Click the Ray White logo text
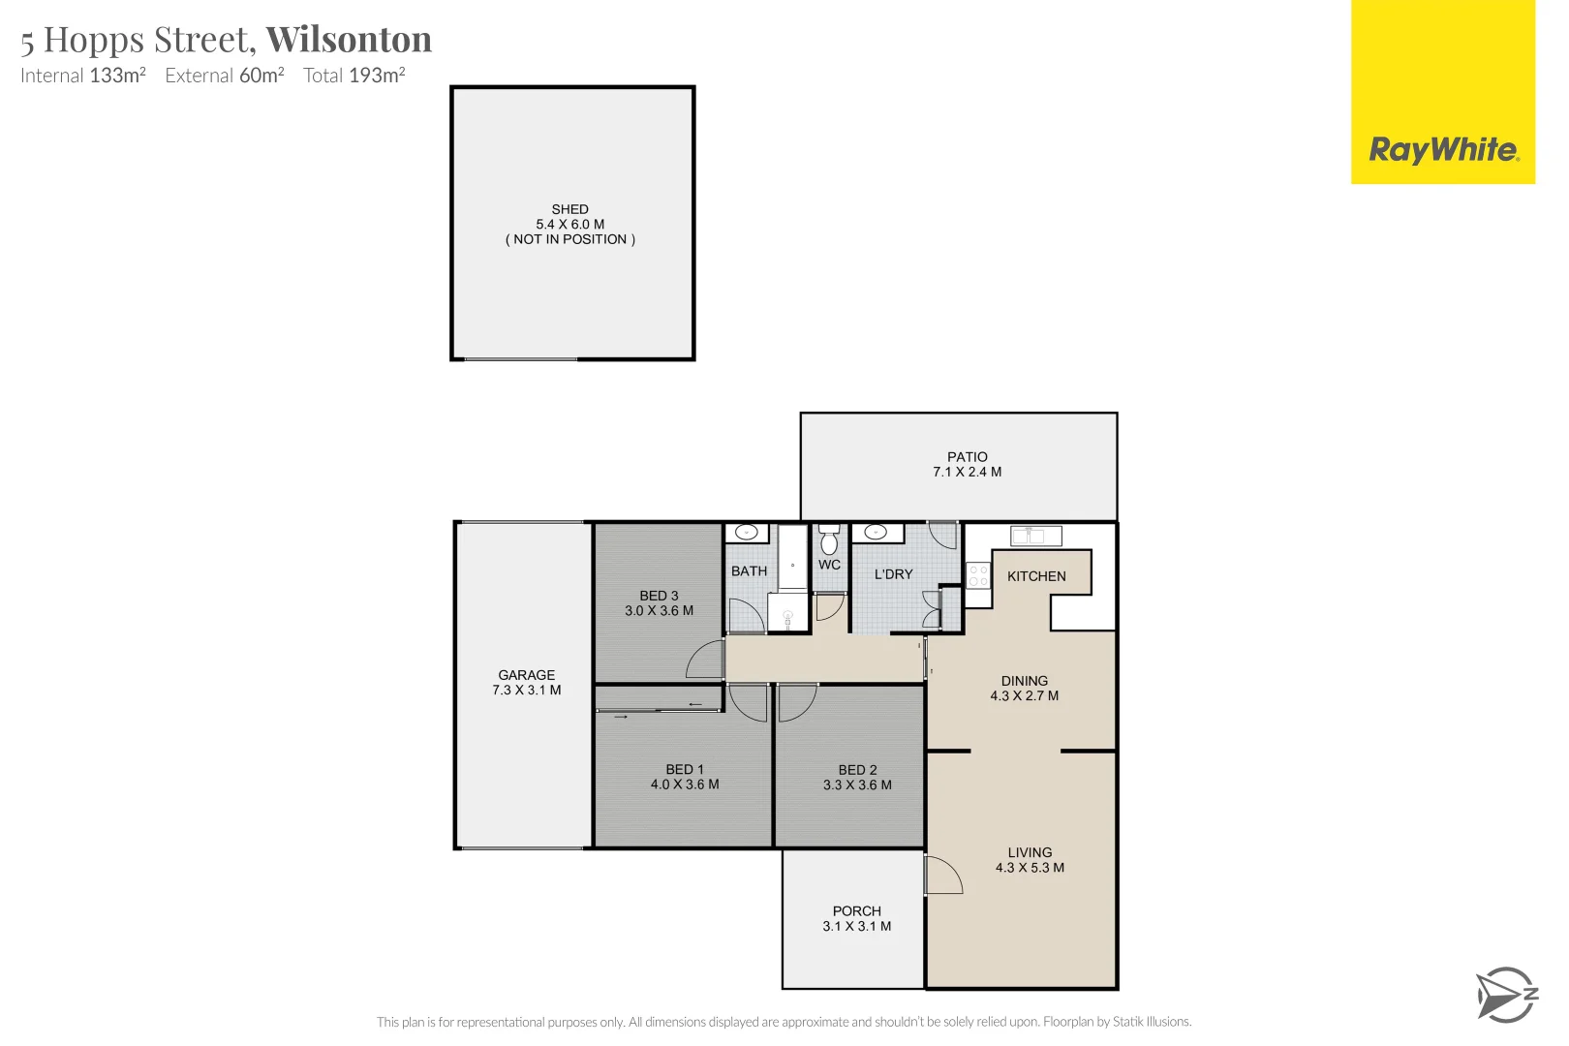[1442, 150]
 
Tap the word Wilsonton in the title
[349, 40]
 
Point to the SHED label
[569, 209]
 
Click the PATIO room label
[967, 457]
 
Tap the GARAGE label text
[526, 675]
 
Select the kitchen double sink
[1035, 536]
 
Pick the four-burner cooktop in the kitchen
[978, 576]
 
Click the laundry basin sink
[877, 533]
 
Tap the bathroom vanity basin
[747, 533]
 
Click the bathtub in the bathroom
[792, 558]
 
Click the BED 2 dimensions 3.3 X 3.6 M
[857, 785]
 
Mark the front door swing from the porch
[943, 876]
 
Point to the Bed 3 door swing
[706, 660]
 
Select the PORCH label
[856, 911]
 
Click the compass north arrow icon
[1505, 995]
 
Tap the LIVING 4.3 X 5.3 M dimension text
[1030, 868]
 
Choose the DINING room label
[1024, 681]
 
